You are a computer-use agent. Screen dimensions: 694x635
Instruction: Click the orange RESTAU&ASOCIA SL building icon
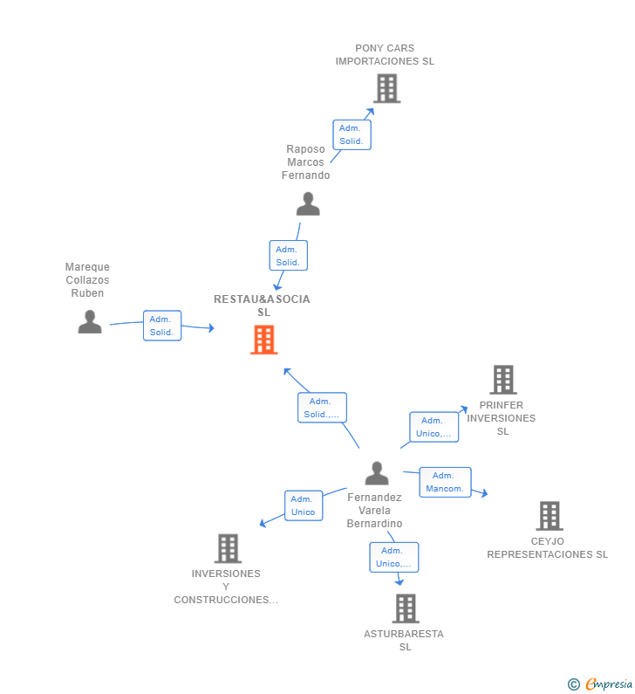tap(263, 340)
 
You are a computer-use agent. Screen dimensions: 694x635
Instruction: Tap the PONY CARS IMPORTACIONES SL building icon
tap(386, 88)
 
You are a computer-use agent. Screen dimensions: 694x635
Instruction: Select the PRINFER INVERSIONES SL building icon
tap(502, 380)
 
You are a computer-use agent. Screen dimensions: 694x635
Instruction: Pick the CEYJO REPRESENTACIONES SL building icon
tap(549, 516)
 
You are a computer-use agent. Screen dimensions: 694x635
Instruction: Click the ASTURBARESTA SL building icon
tap(405, 608)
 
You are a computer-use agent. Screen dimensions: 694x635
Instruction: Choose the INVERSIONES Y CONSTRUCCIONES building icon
tap(228, 548)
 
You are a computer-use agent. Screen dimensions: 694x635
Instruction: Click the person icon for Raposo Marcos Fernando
tap(308, 204)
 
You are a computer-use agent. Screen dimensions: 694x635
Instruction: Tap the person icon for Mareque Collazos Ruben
tap(89, 322)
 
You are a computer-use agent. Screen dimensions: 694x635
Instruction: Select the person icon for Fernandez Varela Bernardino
tap(376, 473)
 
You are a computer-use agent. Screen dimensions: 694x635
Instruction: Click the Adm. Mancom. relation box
tap(445, 482)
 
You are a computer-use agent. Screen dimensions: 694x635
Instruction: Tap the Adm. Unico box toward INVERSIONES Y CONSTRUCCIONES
tap(303, 505)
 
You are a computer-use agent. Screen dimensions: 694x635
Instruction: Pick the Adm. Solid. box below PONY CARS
tap(352, 134)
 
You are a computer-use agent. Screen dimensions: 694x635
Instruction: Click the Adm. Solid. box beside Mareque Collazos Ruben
tap(162, 326)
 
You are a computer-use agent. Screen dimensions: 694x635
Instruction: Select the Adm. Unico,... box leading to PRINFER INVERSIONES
tap(434, 427)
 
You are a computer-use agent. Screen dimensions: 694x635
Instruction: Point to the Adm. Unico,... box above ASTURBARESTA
tap(393, 557)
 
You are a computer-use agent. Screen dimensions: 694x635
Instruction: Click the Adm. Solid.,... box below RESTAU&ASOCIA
tap(322, 408)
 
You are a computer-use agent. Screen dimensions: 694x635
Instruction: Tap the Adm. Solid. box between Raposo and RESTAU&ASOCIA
tap(288, 256)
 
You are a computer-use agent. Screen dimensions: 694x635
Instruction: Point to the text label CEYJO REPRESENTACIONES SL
tap(547, 547)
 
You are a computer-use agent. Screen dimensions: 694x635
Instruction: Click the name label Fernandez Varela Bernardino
tap(374, 510)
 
